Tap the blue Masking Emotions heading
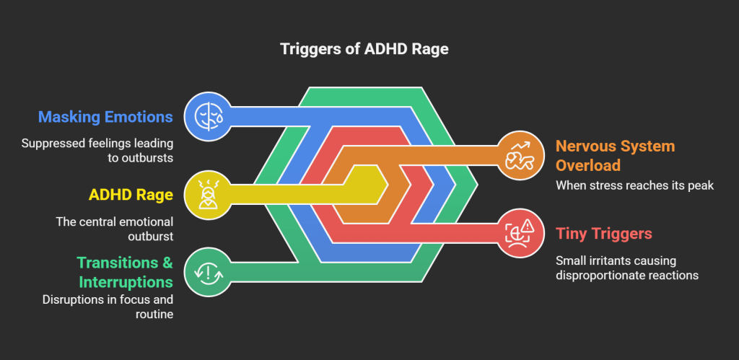click(x=105, y=116)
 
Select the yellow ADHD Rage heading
click(x=131, y=195)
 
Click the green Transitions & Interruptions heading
click(x=125, y=272)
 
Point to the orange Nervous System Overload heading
click(x=615, y=156)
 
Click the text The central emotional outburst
click(x=114, y=229)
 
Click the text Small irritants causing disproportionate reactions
click(x=626, y=268)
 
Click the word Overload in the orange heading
click(x=587, y=165)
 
